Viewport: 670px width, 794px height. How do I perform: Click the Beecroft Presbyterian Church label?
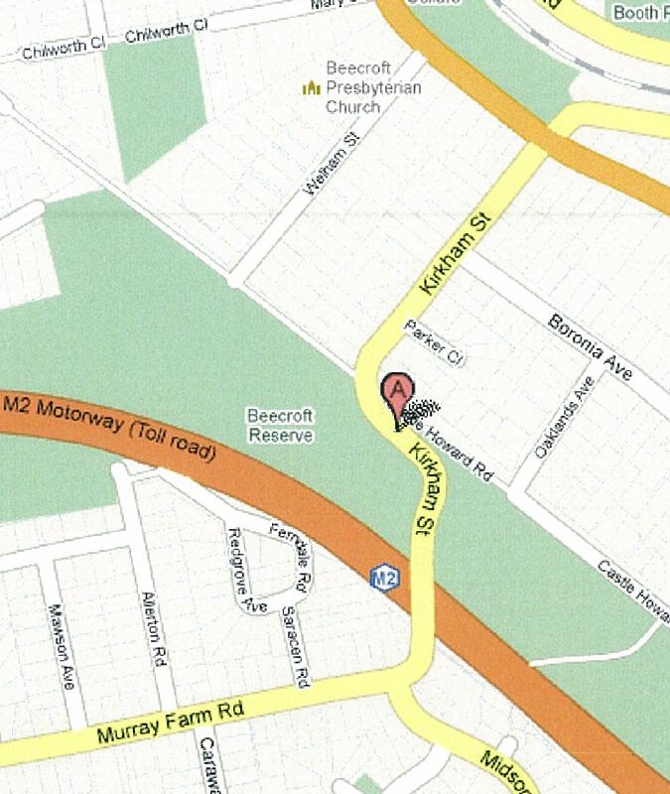point(373,87)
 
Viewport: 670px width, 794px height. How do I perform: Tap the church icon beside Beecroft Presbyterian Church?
point(312,88)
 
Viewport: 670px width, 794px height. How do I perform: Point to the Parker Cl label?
point(434,340)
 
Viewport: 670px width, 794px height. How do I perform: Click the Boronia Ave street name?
point(590,348)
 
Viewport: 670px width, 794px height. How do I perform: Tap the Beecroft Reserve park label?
point(280,425)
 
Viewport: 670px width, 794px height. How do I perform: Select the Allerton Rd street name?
point(151,627)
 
